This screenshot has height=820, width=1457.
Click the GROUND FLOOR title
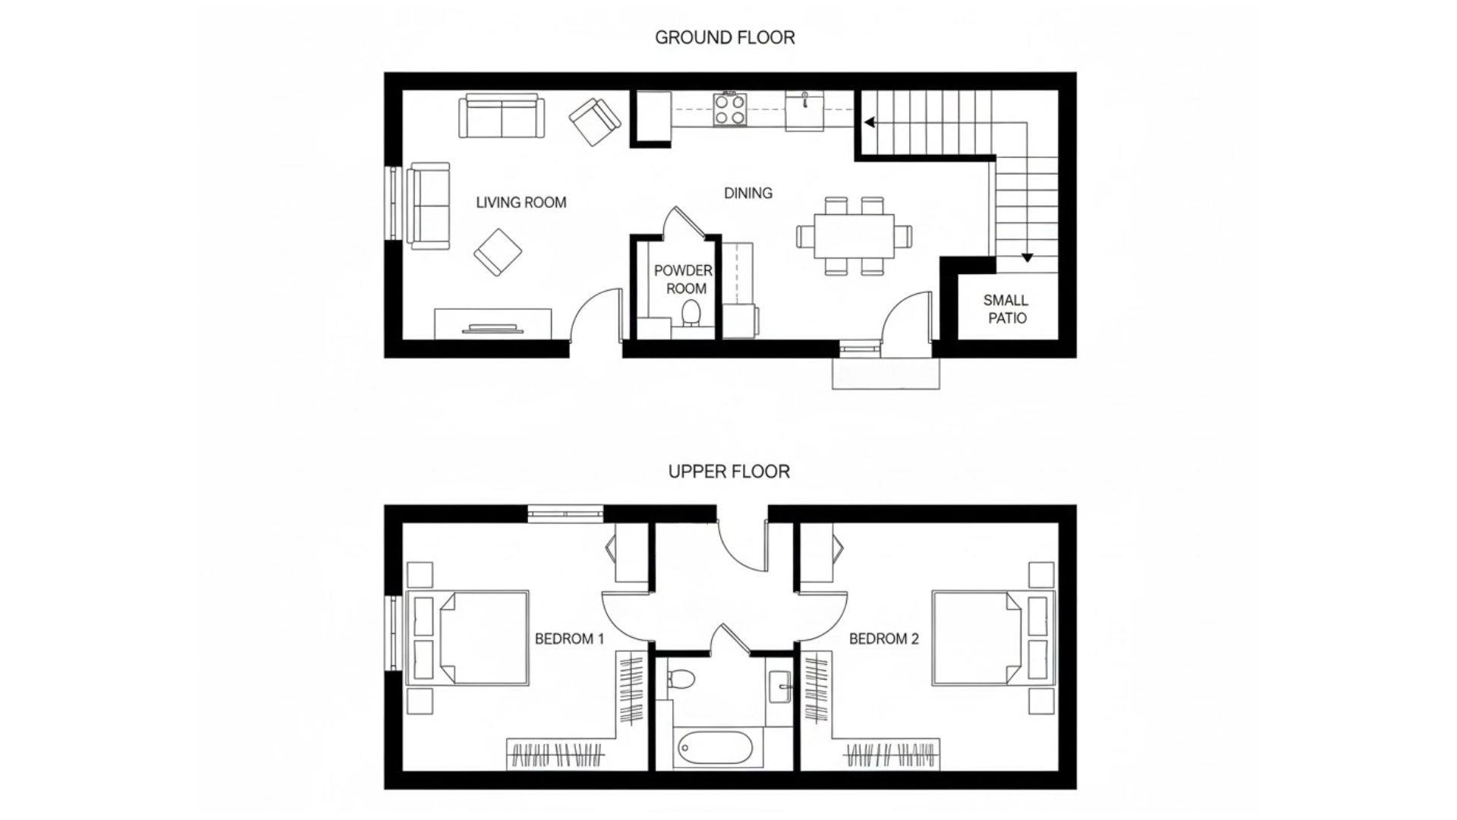pos(725,37)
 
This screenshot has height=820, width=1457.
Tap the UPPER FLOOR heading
pos(728,471)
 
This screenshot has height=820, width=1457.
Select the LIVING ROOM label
pos(521,203)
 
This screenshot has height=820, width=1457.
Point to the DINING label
pos(747,194)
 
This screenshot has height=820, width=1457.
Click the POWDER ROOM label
pos(684,279)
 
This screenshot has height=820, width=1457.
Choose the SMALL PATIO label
pos(1006,309)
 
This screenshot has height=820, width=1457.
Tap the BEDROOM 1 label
pos(569,639)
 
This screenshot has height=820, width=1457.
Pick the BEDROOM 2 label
pos(883,639)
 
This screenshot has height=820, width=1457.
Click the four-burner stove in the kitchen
pos(728,109)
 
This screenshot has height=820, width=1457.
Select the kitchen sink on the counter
pos(804,111)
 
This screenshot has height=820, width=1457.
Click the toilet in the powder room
pos(691,313)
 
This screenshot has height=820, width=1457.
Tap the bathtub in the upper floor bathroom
pos(713,749)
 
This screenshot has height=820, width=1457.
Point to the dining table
pos(854,236)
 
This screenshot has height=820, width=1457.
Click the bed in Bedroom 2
pos(979,638)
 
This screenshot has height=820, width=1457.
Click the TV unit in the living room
pos(492,323)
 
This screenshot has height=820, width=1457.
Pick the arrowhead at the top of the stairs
pos(870,122)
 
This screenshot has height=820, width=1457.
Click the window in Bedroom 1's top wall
pos(565,514)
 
